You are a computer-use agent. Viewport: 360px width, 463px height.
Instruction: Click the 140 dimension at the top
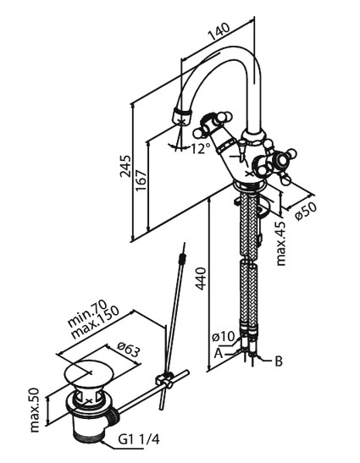tap(219, 31)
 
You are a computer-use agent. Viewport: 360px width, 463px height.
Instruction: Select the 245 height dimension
tap(125, 166)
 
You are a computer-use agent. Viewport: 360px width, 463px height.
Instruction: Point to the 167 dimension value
tap(141, 180)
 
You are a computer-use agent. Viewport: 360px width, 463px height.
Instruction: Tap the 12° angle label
tap(200, 148)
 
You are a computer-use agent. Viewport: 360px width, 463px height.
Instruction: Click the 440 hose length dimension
tap(201, 278)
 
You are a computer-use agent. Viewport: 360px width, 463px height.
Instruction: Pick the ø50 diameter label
tap(306, 211)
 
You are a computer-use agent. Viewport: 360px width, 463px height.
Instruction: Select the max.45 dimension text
tap(280, 243)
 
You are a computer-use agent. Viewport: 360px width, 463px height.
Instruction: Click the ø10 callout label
tap(223, 337)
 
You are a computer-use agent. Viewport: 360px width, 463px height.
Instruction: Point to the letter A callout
tap(219, 353)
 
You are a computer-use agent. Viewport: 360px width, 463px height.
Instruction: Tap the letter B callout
tap(279, 361)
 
